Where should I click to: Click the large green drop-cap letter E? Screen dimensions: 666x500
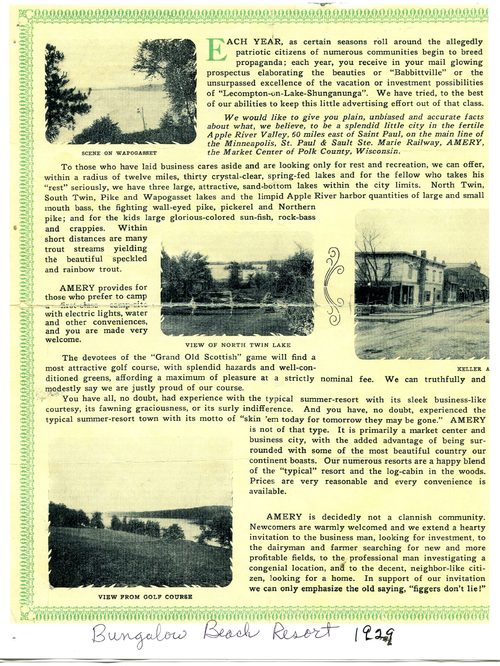[x=216, y=50]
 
